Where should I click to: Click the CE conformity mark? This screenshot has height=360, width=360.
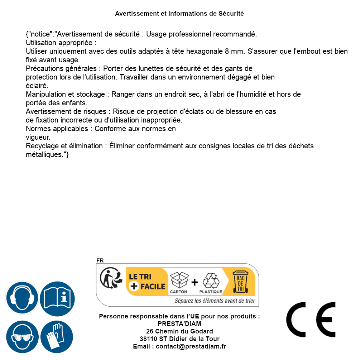(x=311, y=320)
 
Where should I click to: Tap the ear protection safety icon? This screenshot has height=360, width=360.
(x=22, y=298)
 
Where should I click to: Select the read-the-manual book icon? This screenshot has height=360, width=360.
(x=57, y=298)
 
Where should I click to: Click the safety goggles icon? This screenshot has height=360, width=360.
(x=22, y=337)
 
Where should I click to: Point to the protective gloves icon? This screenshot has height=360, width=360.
(x=57, y=337)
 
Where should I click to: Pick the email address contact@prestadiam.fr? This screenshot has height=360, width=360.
(x=191, y=346)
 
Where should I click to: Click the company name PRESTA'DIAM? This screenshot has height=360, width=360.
(x=179, y=324)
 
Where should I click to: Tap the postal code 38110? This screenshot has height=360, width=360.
(x=148, y=339)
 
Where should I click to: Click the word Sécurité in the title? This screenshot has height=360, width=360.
(x=231, y=14)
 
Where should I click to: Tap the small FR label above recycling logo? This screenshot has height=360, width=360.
(x=100, y=260)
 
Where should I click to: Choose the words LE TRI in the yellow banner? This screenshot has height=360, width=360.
(x=140, y=277)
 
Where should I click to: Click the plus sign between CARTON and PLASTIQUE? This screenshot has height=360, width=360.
(x=195, y=282)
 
